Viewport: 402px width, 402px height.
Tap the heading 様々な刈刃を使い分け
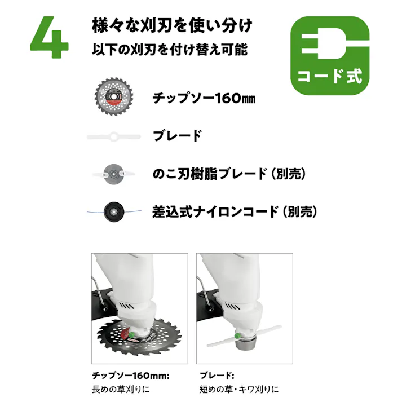coord(171,26)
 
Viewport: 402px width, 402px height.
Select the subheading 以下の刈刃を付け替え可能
coord(170,50)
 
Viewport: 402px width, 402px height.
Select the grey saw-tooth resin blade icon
coord(113,174)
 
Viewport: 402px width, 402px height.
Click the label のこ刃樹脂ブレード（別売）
coord(229,174)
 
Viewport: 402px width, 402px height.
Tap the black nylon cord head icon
coord(113,212)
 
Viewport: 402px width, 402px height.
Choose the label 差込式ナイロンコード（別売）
coord(234,212)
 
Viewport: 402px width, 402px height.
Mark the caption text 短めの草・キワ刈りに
coord(239,389)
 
